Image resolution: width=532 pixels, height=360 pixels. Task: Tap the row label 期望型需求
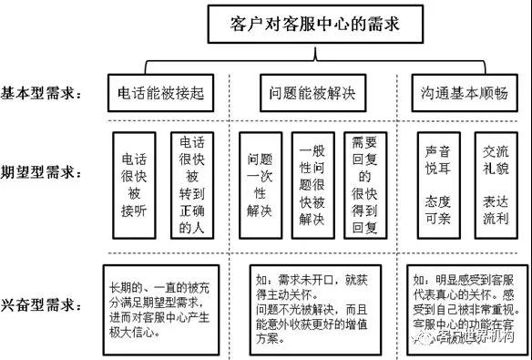(x=45, y=172)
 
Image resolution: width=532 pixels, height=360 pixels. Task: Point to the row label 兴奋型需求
(x=45, y=303)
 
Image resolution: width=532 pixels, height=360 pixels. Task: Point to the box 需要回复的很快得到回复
(x=364, y=186)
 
